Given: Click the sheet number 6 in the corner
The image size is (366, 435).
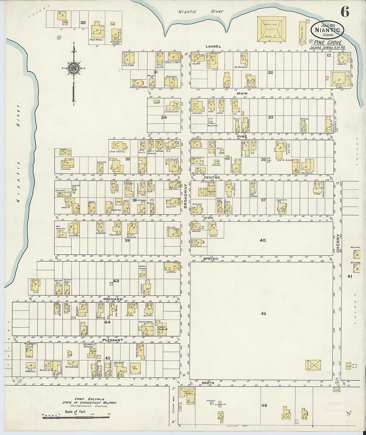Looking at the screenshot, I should (345, 12).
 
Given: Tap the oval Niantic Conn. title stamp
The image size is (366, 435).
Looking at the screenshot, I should (327, 30).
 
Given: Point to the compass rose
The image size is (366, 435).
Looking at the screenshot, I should (74, 68).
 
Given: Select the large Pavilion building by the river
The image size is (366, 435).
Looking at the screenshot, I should (271, 29).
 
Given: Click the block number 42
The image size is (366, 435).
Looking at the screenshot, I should (263, 313).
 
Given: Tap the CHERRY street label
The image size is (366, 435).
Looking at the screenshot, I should (338, 243).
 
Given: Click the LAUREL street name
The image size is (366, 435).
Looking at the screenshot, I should (213, 46).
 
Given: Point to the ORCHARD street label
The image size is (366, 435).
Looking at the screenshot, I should (113, 299).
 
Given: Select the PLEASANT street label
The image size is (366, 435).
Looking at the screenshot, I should (113, 340).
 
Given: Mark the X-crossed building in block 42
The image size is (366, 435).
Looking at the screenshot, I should (313, 365).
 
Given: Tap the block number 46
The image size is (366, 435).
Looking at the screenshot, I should (264, 405).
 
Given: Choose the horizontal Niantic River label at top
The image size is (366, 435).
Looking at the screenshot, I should (201, 12).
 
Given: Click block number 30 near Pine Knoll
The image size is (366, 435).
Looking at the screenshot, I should (83, 23).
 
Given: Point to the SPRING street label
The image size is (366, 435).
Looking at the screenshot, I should (211, 259).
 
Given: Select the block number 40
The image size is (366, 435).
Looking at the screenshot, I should (263, 240).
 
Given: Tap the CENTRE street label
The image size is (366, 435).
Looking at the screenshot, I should (212, 177).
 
